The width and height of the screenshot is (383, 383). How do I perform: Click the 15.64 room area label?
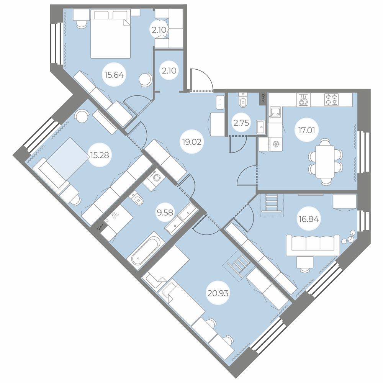[114, 75]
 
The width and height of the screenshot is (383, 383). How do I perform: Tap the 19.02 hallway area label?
[192, 142]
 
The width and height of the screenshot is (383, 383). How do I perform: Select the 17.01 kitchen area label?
[306, 131]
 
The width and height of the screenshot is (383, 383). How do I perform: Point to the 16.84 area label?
[309, 219]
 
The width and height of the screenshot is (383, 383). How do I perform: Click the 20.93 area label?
[218, 293]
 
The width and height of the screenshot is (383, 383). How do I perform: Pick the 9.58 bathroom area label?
[165, 213]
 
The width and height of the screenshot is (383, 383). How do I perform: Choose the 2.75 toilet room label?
[241, 123]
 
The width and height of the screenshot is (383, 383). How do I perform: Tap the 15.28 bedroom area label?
[100, 155]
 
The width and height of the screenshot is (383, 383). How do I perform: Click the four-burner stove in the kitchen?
[331, 100]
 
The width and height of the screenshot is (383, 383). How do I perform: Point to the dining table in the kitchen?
[325, 162]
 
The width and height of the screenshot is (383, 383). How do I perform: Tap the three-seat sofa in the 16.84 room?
[313, 245]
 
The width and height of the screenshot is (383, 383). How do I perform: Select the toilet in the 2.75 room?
[243, 100]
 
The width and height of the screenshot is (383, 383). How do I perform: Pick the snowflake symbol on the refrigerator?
[276, 144]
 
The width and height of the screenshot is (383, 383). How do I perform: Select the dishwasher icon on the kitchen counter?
[303, 100]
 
